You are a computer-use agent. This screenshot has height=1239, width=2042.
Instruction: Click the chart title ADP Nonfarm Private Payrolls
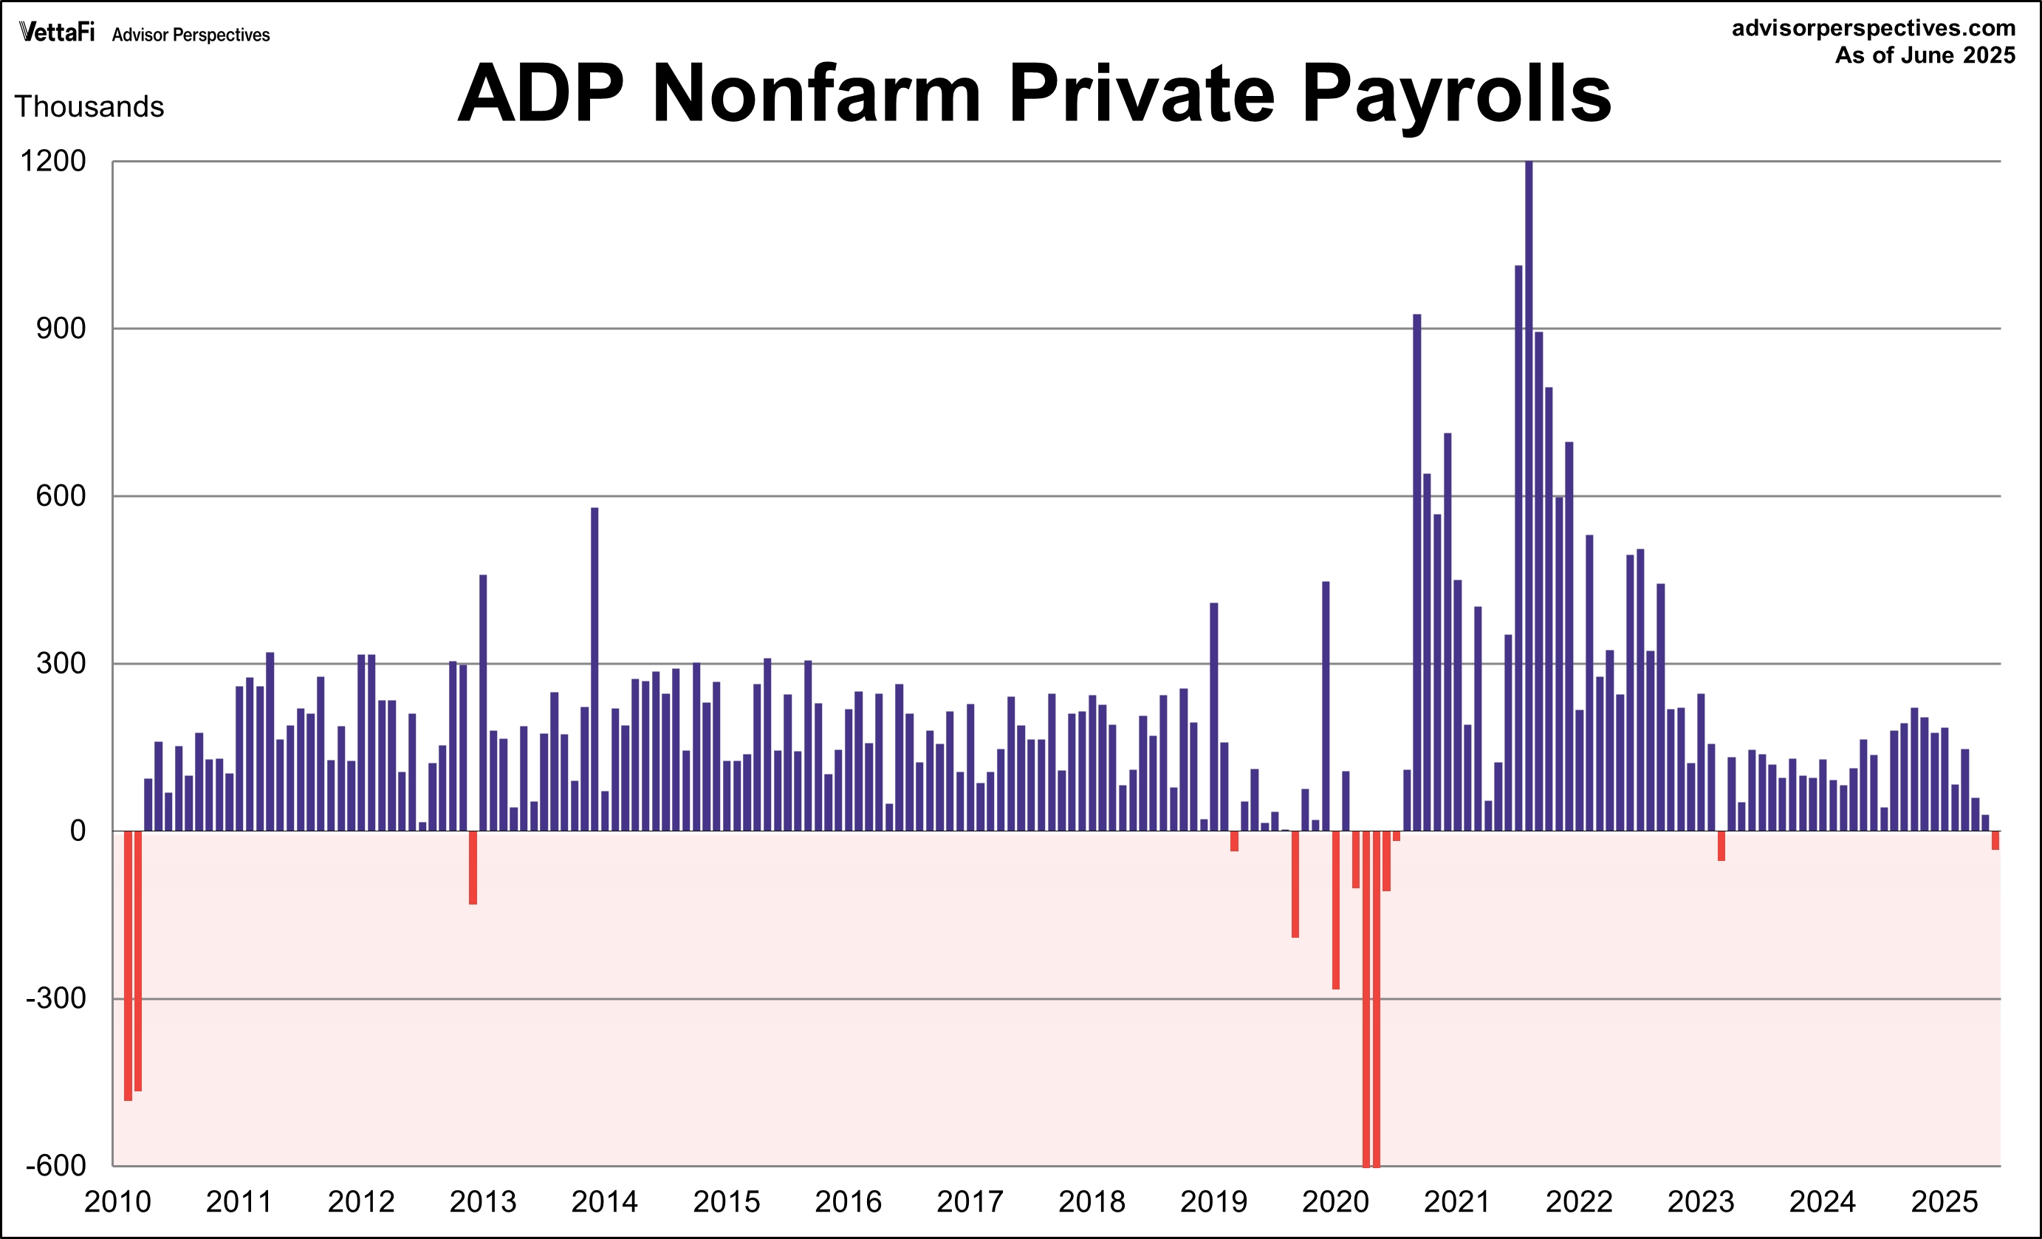point(1033,93)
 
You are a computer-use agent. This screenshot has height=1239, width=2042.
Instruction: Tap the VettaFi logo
point(56,32)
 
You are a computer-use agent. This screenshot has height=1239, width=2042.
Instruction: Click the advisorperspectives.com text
point(1873,28)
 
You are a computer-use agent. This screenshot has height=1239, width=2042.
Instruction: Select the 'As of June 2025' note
point(1925,55)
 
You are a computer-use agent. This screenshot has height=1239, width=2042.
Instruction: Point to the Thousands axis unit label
point(89,107)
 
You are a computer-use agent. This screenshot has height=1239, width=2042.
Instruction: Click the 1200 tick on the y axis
point(53,161)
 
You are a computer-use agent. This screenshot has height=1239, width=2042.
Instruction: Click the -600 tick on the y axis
point(55,1165)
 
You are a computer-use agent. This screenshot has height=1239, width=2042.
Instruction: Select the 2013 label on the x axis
point(482,1201)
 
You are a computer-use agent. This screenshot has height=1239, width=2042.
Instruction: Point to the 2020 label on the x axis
point(1335,1201)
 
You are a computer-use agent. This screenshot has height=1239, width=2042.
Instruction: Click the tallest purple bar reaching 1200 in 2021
point(1529,497)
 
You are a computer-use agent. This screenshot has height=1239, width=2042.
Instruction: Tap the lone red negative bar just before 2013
point(473,867)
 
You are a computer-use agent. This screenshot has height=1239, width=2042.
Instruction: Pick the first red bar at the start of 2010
point(128,966)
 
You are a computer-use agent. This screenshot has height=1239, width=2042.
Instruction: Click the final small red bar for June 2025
point(1995,840)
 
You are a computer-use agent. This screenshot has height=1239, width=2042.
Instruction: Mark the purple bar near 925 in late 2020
point(1417,572)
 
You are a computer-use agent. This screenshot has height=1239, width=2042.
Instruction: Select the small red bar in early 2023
point(1721,845)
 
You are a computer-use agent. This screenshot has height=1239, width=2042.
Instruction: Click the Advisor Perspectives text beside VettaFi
point(191,35)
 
